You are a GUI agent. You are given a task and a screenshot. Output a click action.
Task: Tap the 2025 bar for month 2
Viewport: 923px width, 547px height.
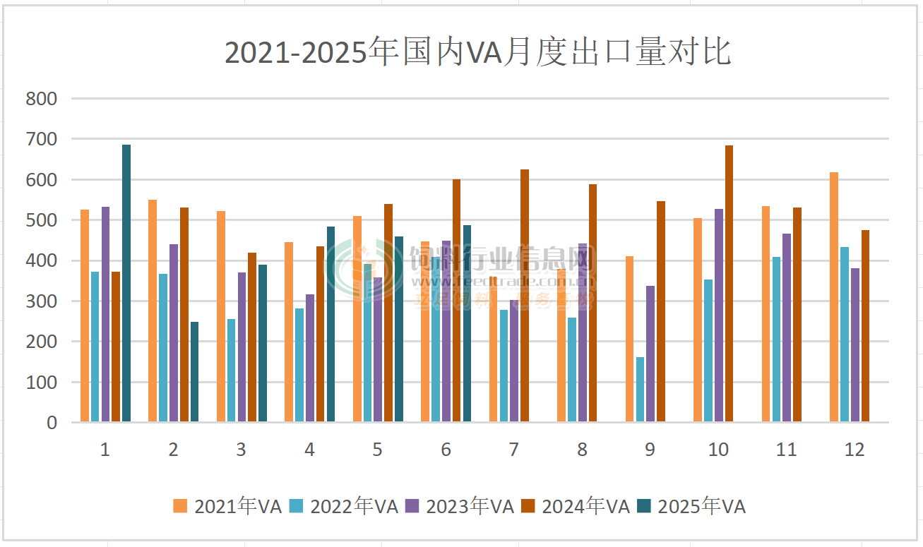click(194, 372)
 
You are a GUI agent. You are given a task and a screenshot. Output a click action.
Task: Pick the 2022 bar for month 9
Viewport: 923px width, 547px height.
click(640, 390)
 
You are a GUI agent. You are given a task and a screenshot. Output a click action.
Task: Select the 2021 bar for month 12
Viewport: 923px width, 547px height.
click(834, 297)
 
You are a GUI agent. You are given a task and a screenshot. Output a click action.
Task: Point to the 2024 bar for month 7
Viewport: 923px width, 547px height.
click(525, 296)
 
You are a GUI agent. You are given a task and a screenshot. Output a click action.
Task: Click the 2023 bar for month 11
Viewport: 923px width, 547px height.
click(787, 327)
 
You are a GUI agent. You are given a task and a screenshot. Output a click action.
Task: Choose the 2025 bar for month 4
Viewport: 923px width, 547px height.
click(331, 324)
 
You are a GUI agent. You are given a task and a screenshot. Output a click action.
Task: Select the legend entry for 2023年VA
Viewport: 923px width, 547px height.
click(459, 506)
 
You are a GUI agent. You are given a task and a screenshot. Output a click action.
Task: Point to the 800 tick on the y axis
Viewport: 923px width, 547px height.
click(41, 99)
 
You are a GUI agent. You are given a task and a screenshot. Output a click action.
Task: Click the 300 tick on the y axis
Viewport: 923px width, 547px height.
click(41, 301)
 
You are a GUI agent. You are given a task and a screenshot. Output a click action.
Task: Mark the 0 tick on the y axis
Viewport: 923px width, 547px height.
click(51, 423)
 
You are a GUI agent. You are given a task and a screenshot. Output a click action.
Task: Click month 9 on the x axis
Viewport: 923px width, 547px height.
click(650, 450)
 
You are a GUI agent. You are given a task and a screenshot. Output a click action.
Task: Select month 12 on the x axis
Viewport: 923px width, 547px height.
click(854, 450)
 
